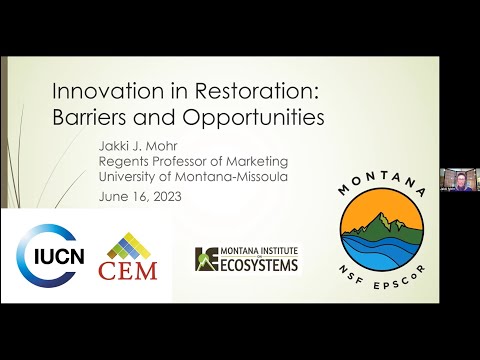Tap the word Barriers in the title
92,117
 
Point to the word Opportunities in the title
240,118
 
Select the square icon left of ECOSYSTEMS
206,259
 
